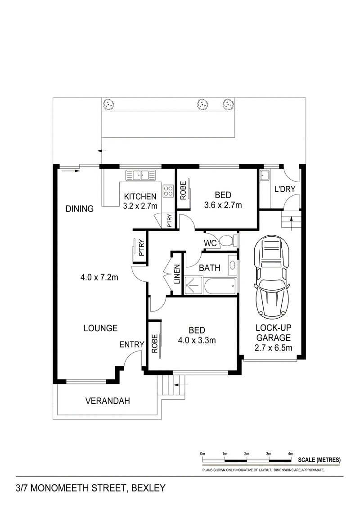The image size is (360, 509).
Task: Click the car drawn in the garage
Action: [x=272, y=278]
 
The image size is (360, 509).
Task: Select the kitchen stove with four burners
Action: [x=168, y=190]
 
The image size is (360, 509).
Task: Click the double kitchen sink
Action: [x=141, y=176]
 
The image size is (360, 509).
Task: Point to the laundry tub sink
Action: [x=264, y=176]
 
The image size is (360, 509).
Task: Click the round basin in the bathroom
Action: [x=232, y=265]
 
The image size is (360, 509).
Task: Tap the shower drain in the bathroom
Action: [x=193, y=286]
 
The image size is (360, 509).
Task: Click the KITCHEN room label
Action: [x=140, y=196]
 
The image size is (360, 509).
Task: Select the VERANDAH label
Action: [x=108, y=401]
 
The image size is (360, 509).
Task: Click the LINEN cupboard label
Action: [x=177, y=274]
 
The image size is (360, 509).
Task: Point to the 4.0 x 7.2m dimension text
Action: [x=99, y=277]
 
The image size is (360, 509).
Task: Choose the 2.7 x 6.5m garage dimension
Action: [x=273, y=348]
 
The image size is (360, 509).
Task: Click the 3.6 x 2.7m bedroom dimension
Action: [x=223, y=205]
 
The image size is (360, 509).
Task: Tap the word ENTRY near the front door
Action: [x=131, y=344]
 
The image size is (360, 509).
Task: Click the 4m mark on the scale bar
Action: [x=291, y=454]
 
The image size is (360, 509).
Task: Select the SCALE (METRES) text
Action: [x=319, y=459]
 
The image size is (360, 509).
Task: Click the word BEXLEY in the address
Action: [x=148, y=488]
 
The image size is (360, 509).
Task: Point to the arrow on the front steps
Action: [x=181, y=385]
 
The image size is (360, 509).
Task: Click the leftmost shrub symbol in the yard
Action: [x=108, y=104]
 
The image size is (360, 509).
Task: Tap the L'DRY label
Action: [x=285, y=189]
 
